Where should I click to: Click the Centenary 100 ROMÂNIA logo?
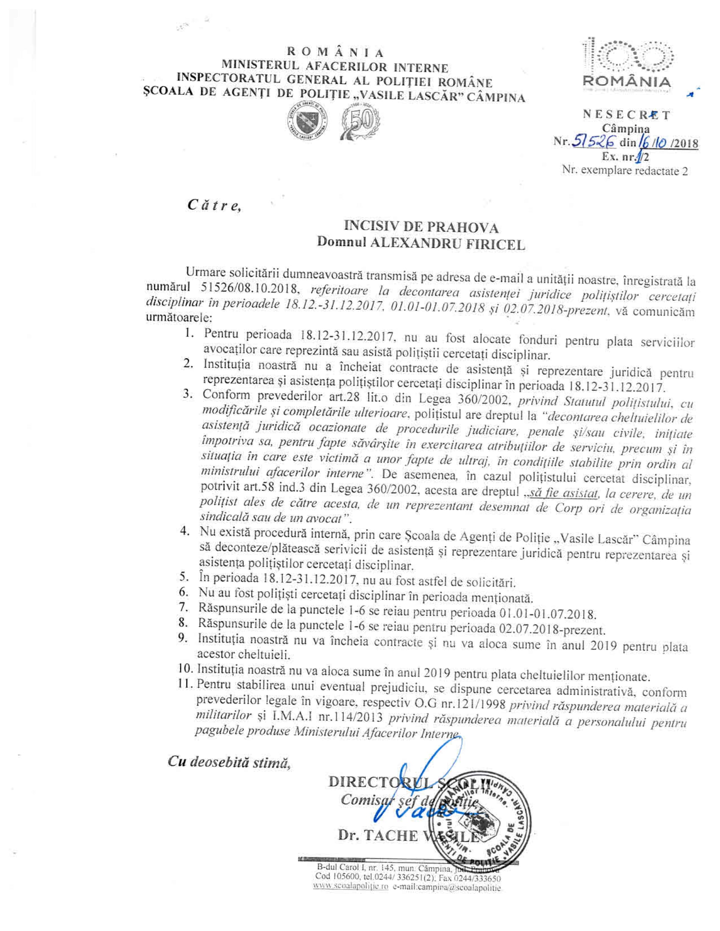(626, 64)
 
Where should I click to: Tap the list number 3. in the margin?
(188, 394)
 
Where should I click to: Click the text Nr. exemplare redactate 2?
(625, 171)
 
